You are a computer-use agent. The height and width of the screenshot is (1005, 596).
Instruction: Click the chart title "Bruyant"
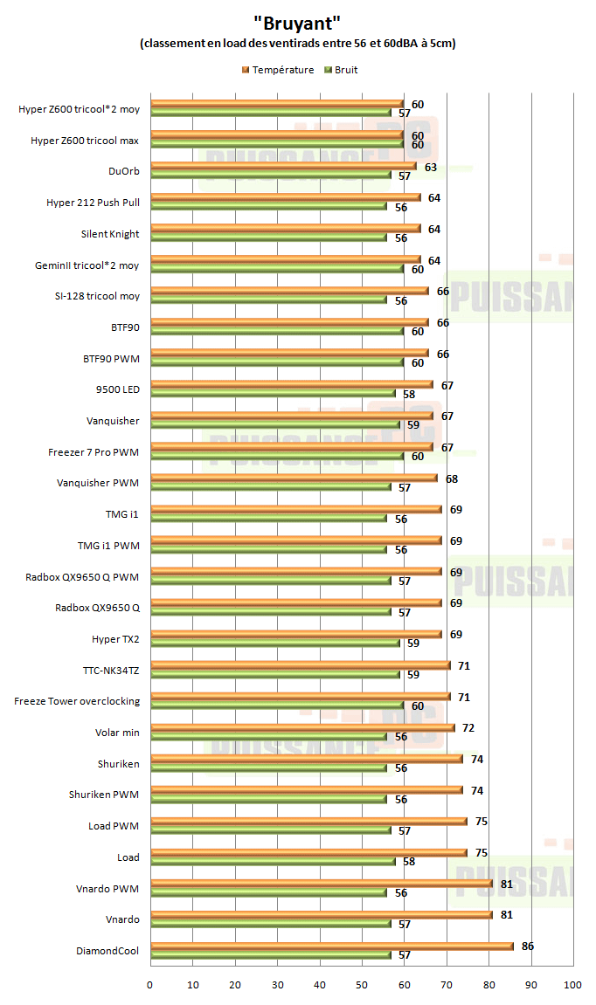pyautogui.click(x=297, y=21)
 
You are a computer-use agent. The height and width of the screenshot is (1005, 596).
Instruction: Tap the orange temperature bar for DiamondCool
pyautogui.click(x=332, y=946)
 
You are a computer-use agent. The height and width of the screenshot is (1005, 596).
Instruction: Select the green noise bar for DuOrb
pyautogui.click(x=271, y=176)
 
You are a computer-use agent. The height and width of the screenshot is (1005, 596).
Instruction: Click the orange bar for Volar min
pyautogui.click(x=302, y=727)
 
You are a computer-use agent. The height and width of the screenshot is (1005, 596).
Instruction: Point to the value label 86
pyautogui.click(x=527, y=946)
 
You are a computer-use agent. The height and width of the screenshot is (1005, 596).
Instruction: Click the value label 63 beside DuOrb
pyautogui.click(x=430, y=167)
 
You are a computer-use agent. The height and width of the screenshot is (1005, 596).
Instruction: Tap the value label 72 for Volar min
pyautogui.click(x=468, y=727)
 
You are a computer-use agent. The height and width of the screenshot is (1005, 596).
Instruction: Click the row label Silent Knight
pyautogui.click(x=110, y=234)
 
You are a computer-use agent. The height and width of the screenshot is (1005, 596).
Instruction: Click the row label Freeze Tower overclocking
pyautogui.click(x=77, y=701)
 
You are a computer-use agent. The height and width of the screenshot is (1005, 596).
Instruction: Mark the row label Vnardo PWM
pyautogui.click(x=107, y=889)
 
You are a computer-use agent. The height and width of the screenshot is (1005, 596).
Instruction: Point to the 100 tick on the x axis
pyautogui.click(x=572, y=985)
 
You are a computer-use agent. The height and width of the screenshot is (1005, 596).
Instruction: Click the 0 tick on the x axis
pyautogui.click(x=150, y=985)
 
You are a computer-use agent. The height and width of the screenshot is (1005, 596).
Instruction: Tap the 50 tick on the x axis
pyautogui.click(x=362, y=985)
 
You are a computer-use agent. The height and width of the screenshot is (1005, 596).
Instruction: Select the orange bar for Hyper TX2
pyautogui.click(x=296, y=634)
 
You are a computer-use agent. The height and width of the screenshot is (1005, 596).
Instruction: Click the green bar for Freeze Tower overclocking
pyautogui.click(x=277, y=706)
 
